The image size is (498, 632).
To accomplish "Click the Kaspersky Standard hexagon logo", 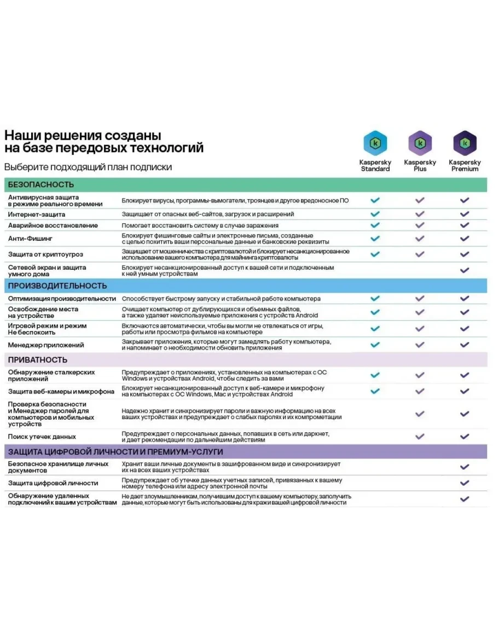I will pos(375,143).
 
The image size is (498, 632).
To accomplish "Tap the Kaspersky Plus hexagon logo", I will pos(420,143).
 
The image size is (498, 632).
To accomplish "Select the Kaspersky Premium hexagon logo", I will pos(465,143).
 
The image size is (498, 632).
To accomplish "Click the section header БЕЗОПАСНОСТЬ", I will pos(41,185).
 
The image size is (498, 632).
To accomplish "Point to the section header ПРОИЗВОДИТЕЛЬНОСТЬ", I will pos(57,286).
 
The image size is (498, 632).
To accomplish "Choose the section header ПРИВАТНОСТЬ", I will pos(38,360).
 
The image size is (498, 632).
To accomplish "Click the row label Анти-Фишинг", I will pos(31,239).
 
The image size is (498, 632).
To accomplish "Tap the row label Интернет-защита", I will pos(37,214).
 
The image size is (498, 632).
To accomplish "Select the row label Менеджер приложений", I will pos(46,345).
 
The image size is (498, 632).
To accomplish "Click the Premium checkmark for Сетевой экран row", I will pos(465,270).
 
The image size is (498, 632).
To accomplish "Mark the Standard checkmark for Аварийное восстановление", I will pos(375,225).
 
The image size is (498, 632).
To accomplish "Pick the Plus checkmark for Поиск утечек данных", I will pos(420,437).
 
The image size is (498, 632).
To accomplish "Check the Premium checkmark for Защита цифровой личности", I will pos(465,483).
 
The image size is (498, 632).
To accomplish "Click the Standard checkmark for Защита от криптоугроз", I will pos(375,254).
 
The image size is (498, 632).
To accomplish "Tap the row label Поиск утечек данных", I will pos(42,437).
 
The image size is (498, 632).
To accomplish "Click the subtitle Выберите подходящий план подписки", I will pos(88,167).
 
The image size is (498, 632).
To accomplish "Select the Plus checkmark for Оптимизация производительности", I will pos(420,299).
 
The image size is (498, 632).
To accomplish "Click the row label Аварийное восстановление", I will pos(53,225).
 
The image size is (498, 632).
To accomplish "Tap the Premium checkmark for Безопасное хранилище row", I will pos(465,467).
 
